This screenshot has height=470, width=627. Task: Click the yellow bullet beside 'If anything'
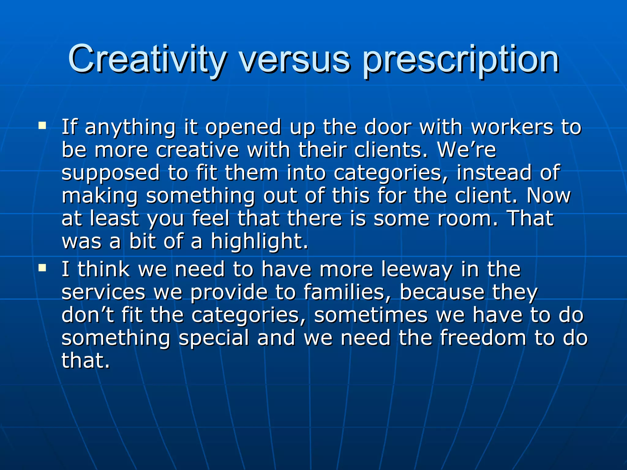tap(42, 125)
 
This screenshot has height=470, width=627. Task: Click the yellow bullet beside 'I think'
tap(42, 268)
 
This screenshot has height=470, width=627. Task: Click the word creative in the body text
tap(197, 150)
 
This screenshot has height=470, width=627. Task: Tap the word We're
tap(467, 150)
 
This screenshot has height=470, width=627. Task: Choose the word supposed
tap(111, 173)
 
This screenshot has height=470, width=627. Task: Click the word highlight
tap(259, 242)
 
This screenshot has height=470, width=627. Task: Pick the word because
tap(442, 292)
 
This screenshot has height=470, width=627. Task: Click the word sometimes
tap(371, 315)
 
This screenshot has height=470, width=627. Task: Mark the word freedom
tap(483, 338)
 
